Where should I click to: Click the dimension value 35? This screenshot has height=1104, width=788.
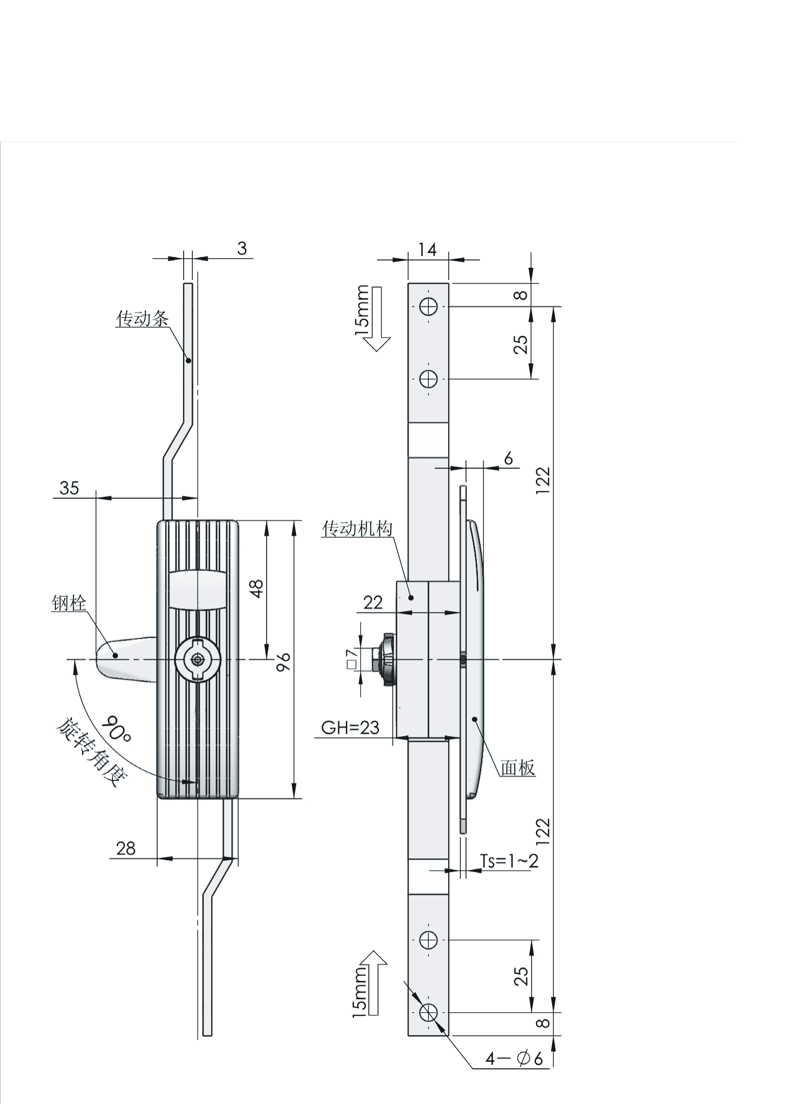(x=69, y=488)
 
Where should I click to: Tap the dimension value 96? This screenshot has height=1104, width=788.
(x=283, y=662)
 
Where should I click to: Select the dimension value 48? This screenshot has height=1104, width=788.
(x=257, y=589)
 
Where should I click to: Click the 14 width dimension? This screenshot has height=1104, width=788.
(x=427, y=249)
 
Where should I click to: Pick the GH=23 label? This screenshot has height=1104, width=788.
(x=351, y=728)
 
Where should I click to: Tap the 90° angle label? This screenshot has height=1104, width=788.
(x=116, y=729)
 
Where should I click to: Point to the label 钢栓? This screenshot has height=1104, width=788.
(x=69, y=603)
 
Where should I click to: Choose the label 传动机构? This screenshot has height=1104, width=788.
(x=357, y=529)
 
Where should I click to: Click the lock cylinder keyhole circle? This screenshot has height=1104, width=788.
(x=197, y=660)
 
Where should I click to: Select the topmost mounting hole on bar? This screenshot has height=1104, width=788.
(x=428, y=306)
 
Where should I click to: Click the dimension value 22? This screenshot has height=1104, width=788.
(x=373, y=603)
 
